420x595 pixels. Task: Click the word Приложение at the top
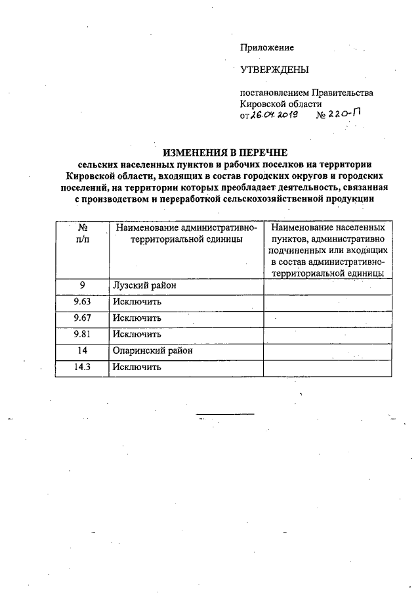tap(267, 47)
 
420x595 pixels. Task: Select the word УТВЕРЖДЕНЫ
tap(274, 70)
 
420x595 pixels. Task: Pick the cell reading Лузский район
tap(145, 287)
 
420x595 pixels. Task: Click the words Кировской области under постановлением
tap(281, 104)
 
